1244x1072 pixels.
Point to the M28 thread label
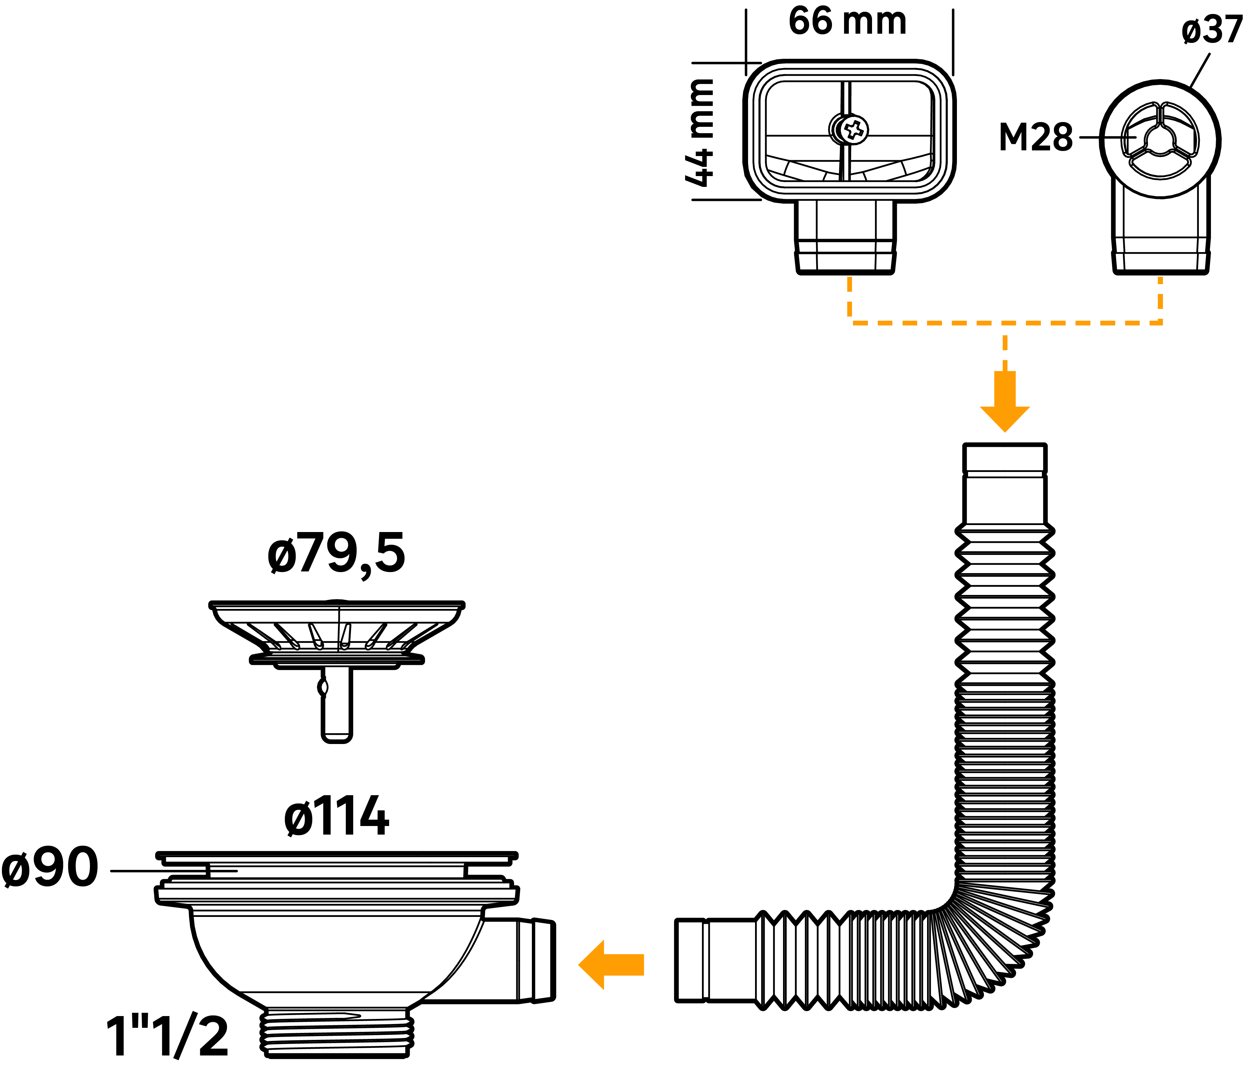[1035, 137]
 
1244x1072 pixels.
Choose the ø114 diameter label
[336, 816]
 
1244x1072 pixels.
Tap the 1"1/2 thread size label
[167, 1037]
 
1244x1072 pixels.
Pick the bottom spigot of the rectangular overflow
[845, 240]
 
